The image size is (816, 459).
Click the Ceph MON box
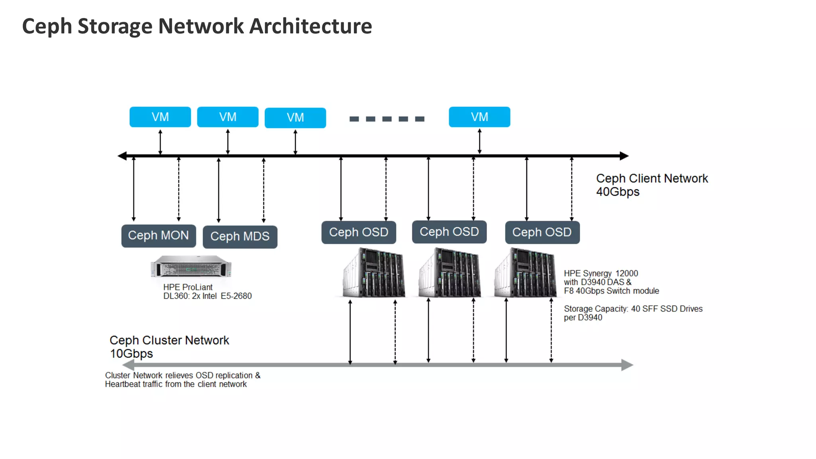point(159,236)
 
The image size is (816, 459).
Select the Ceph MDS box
point(240,237)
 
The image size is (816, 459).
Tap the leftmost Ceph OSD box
point(359,232)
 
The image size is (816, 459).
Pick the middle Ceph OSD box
point(449,232)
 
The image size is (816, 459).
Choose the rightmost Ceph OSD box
point(542,232)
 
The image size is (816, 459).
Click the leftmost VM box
point(160,117)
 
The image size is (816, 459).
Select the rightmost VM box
point(479,117)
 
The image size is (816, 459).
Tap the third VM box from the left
point(295,118)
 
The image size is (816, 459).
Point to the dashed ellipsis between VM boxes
point(387,119)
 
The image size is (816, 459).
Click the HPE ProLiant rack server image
point(191,267)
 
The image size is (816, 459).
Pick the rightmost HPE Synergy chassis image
point(526,273)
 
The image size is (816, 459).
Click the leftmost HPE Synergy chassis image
point(374,273)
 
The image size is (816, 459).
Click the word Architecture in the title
point(310,26)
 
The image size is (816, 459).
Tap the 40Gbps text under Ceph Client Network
point(618,192)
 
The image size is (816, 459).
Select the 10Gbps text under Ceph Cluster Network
point(131,354)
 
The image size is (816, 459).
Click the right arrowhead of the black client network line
point(624,156)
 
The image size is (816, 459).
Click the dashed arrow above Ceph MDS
point(263,190)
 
